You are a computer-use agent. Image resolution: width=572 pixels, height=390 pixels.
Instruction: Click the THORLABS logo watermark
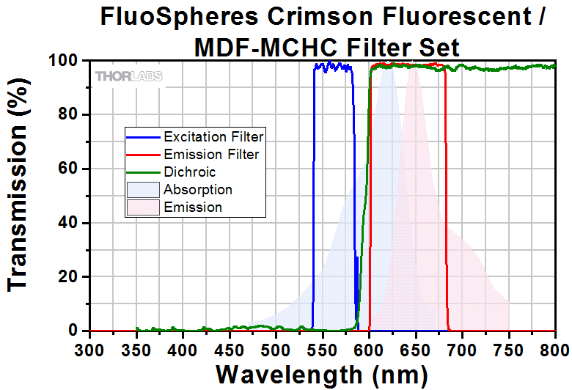(x=128, y=76)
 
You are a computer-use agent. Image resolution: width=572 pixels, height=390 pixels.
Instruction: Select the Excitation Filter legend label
(x=213, y=136)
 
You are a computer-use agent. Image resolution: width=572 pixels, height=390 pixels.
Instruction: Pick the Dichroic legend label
(x=190, y=172)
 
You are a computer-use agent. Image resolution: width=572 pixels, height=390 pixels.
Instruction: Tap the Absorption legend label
(x=198, y=190)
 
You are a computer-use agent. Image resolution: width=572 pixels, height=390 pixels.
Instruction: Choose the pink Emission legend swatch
(x=144, y=207)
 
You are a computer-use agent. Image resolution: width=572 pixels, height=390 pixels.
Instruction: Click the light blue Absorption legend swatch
(x=144, y=190)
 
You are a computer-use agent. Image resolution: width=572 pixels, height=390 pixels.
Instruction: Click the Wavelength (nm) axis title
(x=322, y=374)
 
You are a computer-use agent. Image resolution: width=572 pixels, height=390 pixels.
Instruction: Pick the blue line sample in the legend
(x=144, y=136)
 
